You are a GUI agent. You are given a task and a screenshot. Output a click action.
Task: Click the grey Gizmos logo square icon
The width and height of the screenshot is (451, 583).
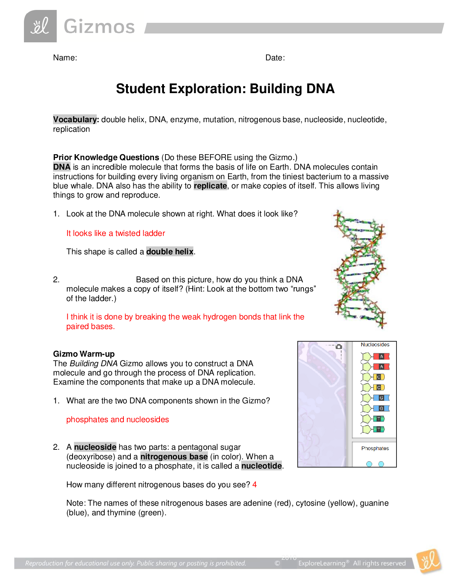(40, 26)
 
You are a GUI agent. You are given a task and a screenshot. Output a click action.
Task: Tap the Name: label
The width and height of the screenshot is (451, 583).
(65, 58)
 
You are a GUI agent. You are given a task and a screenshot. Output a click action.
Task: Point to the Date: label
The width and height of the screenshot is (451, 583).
(275, 58)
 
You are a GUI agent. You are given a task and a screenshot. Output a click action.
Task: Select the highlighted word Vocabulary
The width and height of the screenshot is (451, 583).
(75, 120)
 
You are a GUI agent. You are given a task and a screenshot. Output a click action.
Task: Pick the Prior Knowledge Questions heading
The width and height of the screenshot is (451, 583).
(106, 158)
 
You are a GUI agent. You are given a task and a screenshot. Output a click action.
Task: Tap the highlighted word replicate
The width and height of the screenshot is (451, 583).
(210, 186)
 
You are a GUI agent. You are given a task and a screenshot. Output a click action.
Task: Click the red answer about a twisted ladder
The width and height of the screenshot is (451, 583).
(116, 233)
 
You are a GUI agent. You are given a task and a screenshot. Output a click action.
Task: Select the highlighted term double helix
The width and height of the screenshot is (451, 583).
(170, 252)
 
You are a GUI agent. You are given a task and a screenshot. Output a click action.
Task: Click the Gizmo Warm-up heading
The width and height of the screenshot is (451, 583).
(84, 354)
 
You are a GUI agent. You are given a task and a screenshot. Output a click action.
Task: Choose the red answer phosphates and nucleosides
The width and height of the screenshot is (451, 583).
(118, 420)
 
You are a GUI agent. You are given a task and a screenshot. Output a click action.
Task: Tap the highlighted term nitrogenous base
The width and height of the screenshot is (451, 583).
(174, 457)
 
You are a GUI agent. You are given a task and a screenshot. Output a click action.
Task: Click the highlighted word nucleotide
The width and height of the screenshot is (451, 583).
(262, 466)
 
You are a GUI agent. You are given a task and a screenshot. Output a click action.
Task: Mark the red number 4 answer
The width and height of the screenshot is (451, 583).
(255, 485)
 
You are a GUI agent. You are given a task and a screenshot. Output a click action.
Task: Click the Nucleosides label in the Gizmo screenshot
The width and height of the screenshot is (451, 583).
(375, 345)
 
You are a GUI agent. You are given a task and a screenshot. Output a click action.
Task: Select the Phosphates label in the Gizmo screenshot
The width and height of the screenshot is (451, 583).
(375, 448)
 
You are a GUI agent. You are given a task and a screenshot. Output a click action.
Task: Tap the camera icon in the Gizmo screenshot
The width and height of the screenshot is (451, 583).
(339, 347)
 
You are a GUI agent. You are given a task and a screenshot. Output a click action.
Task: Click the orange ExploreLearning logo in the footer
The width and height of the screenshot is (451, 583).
(429, 561)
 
